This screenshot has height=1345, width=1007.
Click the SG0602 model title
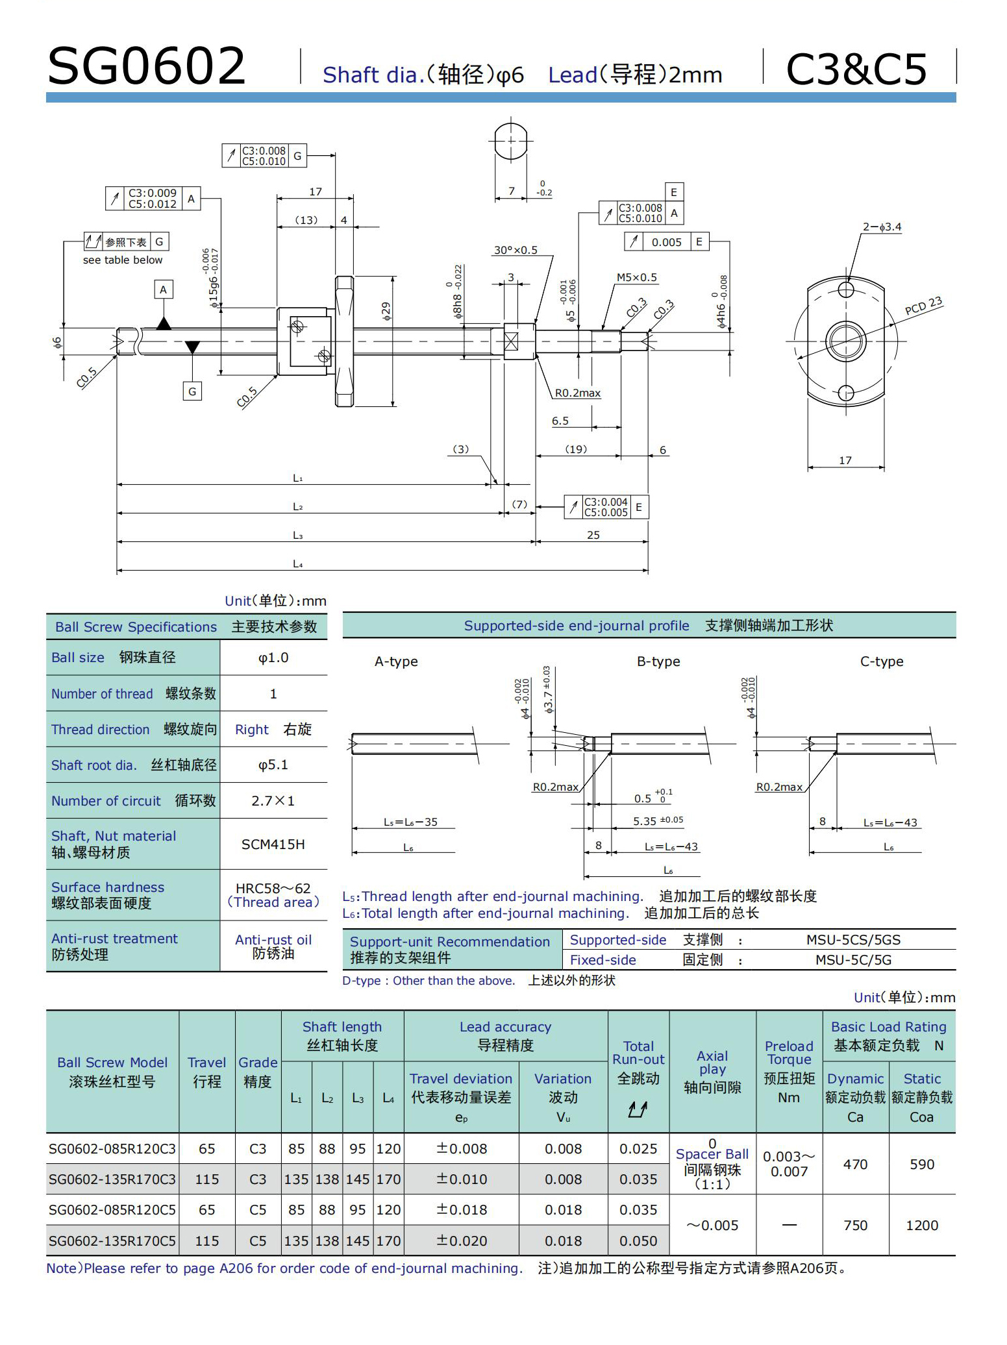(x=147, y=67)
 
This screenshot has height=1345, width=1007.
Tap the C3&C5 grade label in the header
(x=856, y=69)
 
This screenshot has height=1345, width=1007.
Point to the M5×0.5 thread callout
(x=636, y=278)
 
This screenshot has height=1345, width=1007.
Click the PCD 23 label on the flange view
(x=923, y=306)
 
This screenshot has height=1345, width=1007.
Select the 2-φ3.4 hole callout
(x=882, y=227)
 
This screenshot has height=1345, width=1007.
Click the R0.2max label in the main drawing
(x=577, y=393)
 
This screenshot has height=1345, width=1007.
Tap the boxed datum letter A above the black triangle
(x=164, y=290)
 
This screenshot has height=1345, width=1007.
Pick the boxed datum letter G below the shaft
(x=192, y=391)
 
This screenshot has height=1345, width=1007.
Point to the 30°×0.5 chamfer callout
(x=516, y=251)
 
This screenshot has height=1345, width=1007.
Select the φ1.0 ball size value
(x=273, y=658)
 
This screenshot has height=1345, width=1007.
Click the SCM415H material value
(x=273, y=845)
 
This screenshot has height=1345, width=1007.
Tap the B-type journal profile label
(x=658, y=661)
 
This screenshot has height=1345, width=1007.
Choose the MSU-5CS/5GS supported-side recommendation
(x=853, y=940)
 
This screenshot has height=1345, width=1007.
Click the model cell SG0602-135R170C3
(x=112, y=1179)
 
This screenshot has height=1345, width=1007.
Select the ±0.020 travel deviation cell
(x=461, y=1241)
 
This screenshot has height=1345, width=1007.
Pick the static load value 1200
(x=922, y=1226)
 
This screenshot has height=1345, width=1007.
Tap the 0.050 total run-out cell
(x=638, y=1241)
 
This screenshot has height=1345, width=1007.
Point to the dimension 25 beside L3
(x=593, y=536)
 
